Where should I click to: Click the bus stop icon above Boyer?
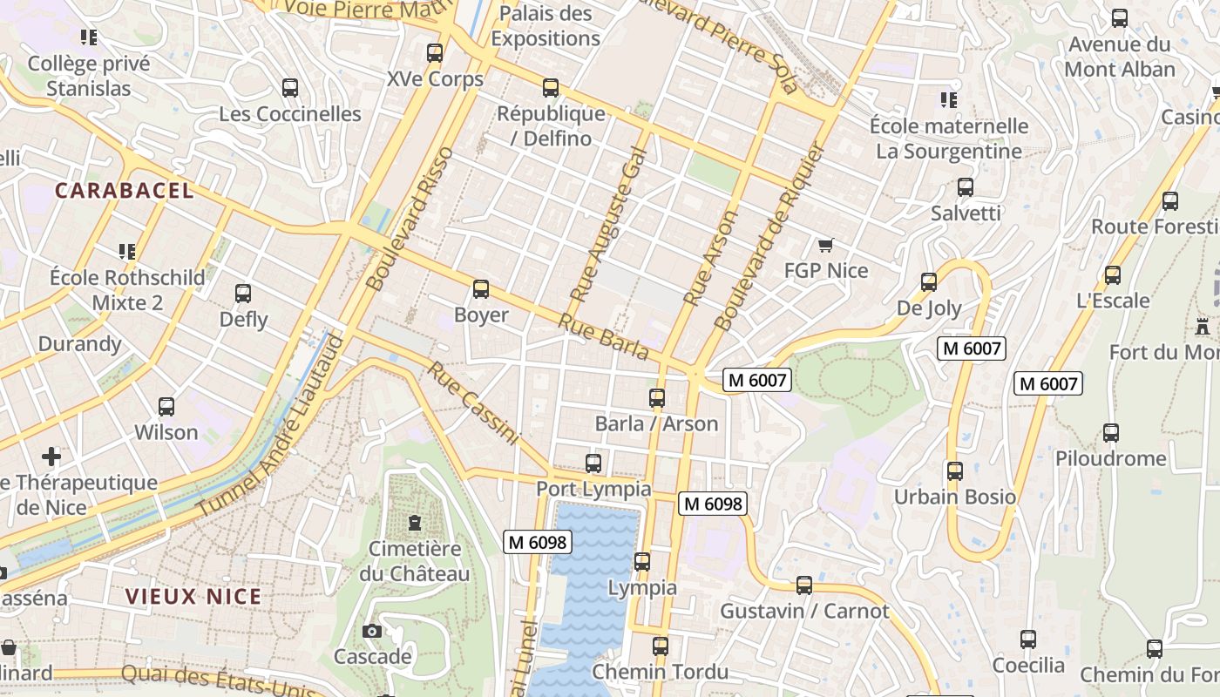point(480,289)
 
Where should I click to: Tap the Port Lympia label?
point(593,489)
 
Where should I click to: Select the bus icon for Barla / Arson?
point(657,398)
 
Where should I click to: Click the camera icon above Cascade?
point(372,631)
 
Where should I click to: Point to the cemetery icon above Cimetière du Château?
point(414,523)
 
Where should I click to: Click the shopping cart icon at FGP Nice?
point(825,245)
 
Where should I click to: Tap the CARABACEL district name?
point(125,190)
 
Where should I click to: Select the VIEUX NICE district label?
point(193,597)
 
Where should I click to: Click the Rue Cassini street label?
point(473,403)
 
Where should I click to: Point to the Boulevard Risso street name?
point(410,219)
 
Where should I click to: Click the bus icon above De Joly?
point(929,282)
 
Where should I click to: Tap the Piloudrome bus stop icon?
point(1110,433)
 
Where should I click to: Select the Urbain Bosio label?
point(955,497)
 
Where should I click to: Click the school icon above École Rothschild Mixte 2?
point(127,252)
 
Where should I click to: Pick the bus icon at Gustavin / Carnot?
point(804,585)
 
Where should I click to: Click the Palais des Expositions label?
point(546,26)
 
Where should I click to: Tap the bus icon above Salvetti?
point(965,187)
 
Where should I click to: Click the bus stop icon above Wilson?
point(166,407)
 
